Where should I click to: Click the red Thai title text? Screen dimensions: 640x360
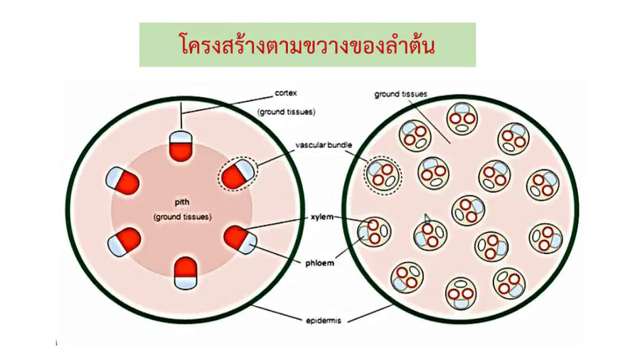coord(307,44)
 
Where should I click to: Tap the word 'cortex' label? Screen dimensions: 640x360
coord(286,93)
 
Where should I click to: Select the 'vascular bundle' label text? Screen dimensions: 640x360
coord(324,145)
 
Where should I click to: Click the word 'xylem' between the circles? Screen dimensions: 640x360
coord(322,217)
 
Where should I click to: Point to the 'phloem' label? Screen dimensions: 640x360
coord(319,263)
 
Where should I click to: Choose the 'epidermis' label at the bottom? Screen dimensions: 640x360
coord(324,321)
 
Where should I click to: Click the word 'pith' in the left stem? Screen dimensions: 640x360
coord(182,203)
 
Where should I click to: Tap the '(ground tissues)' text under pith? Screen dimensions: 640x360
coord(183,217)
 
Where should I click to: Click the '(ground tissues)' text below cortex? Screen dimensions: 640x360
coord(286,112)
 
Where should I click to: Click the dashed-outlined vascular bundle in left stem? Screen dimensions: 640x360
coord(238,174)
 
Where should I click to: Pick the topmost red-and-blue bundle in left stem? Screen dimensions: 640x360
coord(181,146)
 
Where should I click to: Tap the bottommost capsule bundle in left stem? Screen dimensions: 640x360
coord(186,273)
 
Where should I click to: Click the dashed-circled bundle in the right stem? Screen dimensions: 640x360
coord(383,176)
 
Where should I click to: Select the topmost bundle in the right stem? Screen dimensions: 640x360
coord(462,119)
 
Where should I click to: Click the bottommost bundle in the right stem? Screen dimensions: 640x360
coord(461,293)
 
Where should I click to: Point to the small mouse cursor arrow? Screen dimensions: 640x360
coord(427,218)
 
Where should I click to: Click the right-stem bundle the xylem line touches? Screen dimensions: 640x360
coord(374,232)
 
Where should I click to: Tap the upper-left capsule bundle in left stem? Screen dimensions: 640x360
coord(122,181)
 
